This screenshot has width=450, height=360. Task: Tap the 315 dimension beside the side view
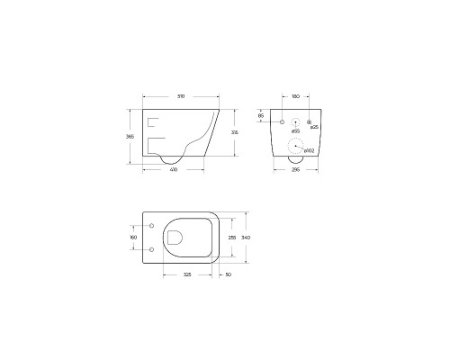[235, 132]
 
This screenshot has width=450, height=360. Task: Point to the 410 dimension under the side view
[173, 170]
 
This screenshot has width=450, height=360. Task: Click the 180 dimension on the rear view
[295, 97]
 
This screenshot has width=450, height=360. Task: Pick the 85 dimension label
[261, 116]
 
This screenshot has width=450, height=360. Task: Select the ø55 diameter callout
[295, 131]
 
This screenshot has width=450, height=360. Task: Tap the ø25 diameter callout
[314, 128]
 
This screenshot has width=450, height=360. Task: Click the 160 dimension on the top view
[133, 238]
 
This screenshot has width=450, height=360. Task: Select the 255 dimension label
[231, 238]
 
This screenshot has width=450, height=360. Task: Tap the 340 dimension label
[246, 238]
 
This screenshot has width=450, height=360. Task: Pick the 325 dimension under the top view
[185, 274]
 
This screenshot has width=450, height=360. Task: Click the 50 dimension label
[229, 274]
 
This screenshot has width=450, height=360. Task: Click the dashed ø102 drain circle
[295, 151]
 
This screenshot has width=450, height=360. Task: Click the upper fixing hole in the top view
[151, 225]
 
